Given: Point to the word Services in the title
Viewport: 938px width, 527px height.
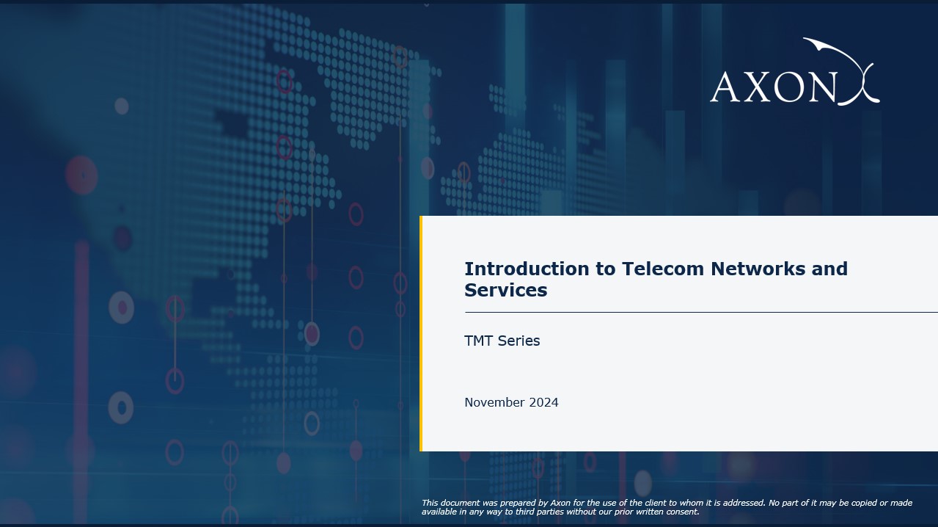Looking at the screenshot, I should [x=505, y=290].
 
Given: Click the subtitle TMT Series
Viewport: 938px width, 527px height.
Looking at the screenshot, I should [x=502, y=341].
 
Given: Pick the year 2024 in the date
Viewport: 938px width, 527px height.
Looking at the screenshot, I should [x=543, y=402].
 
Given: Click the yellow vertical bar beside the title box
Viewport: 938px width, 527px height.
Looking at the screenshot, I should [x=421, y=333].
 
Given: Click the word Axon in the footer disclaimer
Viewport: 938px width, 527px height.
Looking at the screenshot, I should [x=560, y=503].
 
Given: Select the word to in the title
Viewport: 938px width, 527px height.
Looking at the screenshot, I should [x=607, y=269].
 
